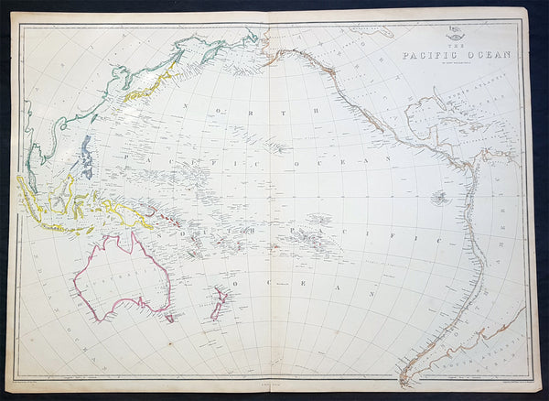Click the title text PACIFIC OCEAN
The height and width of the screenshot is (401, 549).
457,53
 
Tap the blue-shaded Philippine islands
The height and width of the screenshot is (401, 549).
86,157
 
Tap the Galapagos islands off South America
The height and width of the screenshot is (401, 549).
440,197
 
